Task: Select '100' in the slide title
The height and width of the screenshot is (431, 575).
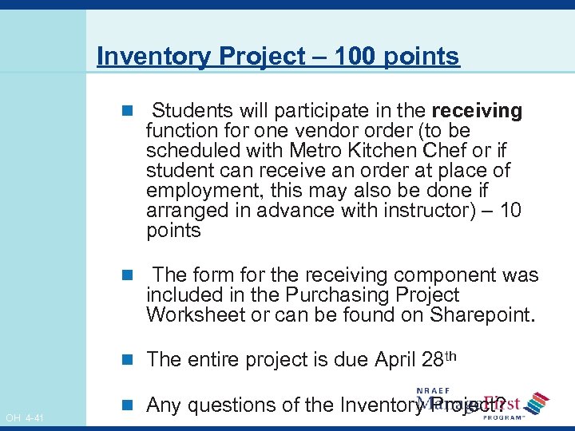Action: (x=355, y=57)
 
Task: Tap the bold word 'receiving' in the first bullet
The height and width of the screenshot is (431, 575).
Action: (x=477, y=111)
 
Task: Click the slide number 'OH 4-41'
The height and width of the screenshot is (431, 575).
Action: (x=25, y=417)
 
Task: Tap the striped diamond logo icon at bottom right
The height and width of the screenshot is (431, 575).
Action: (x=537, y=403)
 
